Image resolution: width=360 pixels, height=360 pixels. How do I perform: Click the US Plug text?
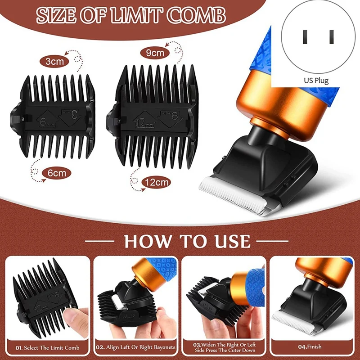click(x=315, y=81)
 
